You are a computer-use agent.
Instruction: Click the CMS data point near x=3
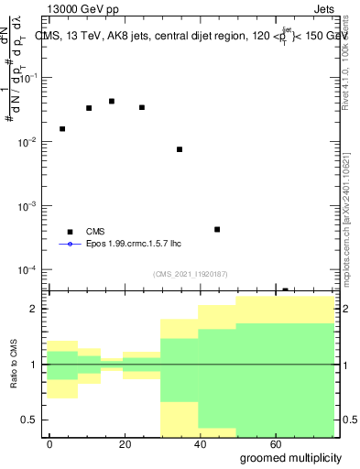point(62,129)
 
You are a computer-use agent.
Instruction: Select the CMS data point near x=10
point(89,108)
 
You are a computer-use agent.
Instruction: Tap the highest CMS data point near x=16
point(112,102)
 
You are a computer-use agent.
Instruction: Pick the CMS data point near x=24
point(142,107)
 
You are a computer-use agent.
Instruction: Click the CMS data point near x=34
point(180,149)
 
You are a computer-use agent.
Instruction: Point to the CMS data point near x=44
point(217,229)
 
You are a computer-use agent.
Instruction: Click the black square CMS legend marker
point(69,232)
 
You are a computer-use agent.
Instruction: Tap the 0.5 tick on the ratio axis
point(34,420)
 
